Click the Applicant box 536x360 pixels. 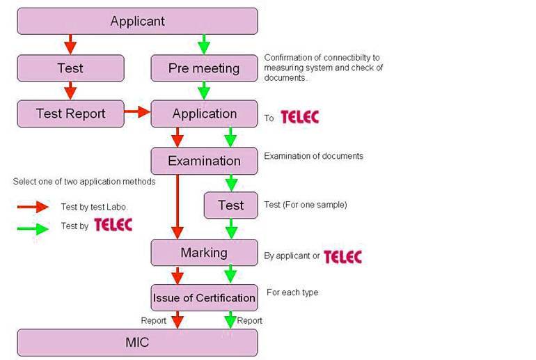click(x=137, y=21)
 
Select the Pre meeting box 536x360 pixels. click(x=204, y=68)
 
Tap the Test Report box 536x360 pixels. click(x=70, y=114)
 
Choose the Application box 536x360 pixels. click(x=204, y=114)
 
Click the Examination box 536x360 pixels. click(x=204, y=161)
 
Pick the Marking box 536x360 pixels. click(x=204, y=252)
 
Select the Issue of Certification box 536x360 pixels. click(x=204, y=298)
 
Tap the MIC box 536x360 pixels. click(x=137, y=343)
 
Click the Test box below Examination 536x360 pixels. click(x=230, y=205)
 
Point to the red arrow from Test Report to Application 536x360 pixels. click(x=137, y=111)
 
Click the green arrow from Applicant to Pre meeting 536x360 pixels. click(x=203, y=45)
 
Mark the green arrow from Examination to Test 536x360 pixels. click(x=231, y=182)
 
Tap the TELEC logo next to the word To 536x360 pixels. click(x=299, y=117)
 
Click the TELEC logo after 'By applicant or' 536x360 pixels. click(x=342, y=256)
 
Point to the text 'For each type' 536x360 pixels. click(x=292, y=292)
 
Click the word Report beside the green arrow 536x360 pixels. click(x=250, y=320)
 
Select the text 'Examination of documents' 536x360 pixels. click(x=313, y=156)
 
